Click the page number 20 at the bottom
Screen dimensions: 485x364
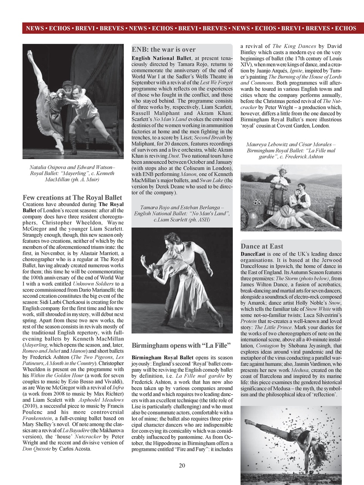(182, 466)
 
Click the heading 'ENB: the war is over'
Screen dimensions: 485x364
(163, 50)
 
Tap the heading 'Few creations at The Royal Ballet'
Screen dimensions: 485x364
(72, 197)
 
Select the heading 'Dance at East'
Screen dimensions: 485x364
(262, 246)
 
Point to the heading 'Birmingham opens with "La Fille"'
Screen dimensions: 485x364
(181, 346)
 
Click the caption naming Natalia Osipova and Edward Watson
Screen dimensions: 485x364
(72, 174)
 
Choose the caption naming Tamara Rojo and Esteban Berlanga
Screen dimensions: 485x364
(182, 213)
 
